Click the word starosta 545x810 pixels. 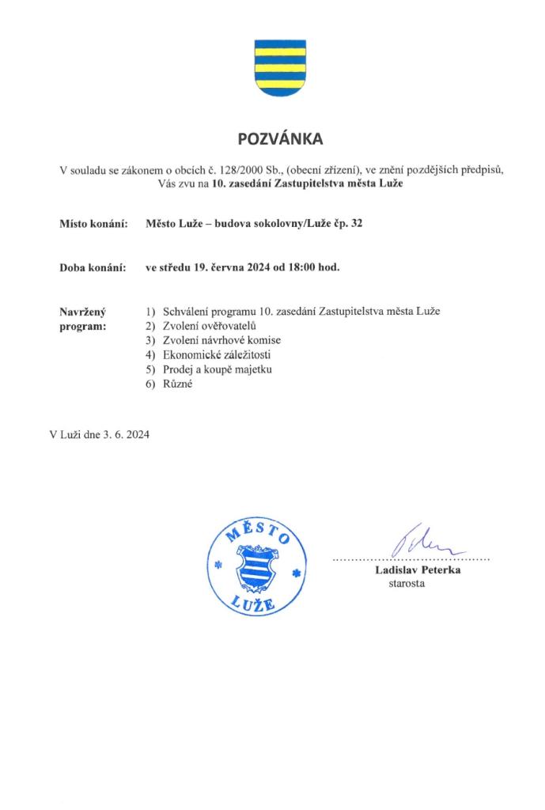pyautogui.click(x=407, y=584)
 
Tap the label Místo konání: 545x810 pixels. pyautogui.click(x=94, y=225)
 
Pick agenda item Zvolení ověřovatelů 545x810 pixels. pyautogui.click(x=210, y=325)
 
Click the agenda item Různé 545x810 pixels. pyautogui.click(x=178, y=384)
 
